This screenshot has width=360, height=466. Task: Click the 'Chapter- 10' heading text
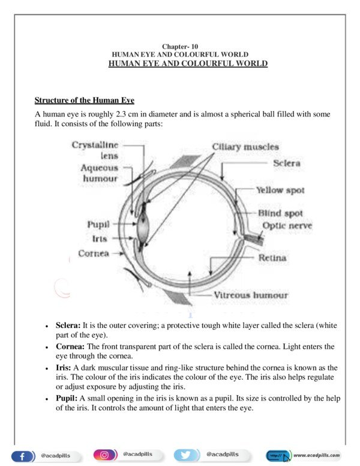[x=180, y=46]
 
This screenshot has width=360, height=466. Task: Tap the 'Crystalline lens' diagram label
[x=95, y=150]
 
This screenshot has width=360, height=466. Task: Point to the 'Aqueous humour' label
[x=100, y=174]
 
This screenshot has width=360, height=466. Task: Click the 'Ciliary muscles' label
[x=245, y=147]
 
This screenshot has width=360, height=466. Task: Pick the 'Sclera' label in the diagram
[x=286, y=163]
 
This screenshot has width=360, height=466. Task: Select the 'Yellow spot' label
[x=280, y=190]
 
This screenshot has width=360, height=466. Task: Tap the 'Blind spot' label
[x=280, y=213]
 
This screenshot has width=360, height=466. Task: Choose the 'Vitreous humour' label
[x=251, y=295]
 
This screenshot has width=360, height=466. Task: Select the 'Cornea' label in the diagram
[x=94, y=253]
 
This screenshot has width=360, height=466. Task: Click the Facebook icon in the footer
[x=23, y=456]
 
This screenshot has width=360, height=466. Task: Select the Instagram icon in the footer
[x=105, y=455]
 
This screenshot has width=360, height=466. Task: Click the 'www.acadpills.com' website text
[x=316, y=455]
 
